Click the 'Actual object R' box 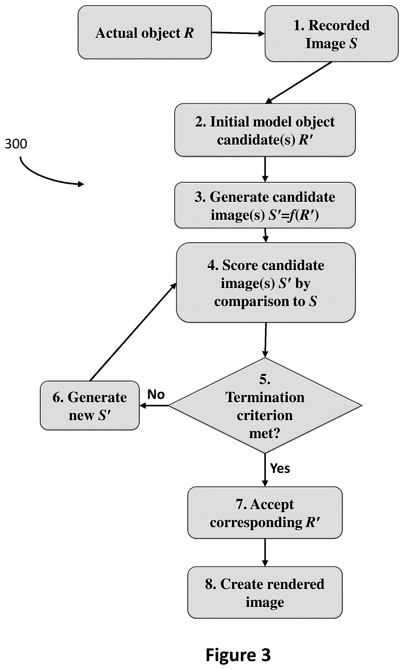pyautogui.click(x=144, y=32)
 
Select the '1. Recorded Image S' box pyautogui.click(x=332, y=34)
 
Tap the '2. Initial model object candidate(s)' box pyautogui.click(x=265, y=130)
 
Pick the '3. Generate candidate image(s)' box pyautogui.click(x=265, y=205)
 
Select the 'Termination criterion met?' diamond pyautogui.click(x=265, y=405)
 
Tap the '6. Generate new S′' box pyautogui.click(x=90, y=405)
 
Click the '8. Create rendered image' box pyautogui.click(x=265, y=593)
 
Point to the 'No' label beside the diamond pyautogui.click(x=156, y=394)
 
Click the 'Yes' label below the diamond pyautogui.click(x=280, y=468)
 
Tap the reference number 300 pyautogui.click(x=16, y=144)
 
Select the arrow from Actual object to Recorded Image pyautogui.click(x=238, y=33)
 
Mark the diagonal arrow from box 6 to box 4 pyautogui.click(x=133, y=332)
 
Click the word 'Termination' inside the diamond pyautogui.click(x=265, y=398)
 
